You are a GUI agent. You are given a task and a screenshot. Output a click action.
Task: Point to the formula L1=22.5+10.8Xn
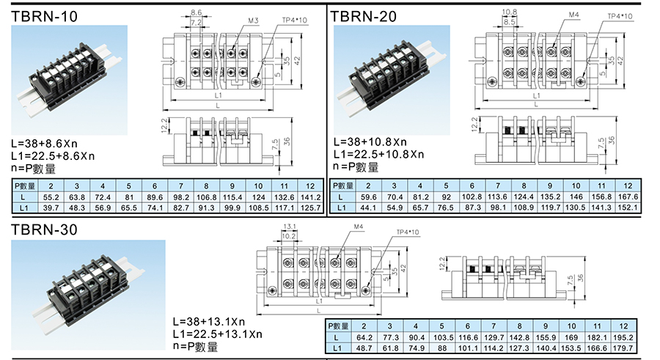pos(378,154)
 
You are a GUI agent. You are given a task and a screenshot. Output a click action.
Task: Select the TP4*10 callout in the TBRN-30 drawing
pos(408,233)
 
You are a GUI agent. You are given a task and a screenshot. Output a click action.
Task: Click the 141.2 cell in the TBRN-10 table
pos(311,197)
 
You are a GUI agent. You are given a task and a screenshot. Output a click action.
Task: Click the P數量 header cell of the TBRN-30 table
pos(337,326)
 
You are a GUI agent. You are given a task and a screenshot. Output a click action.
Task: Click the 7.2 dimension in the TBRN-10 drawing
pos(196,23)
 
